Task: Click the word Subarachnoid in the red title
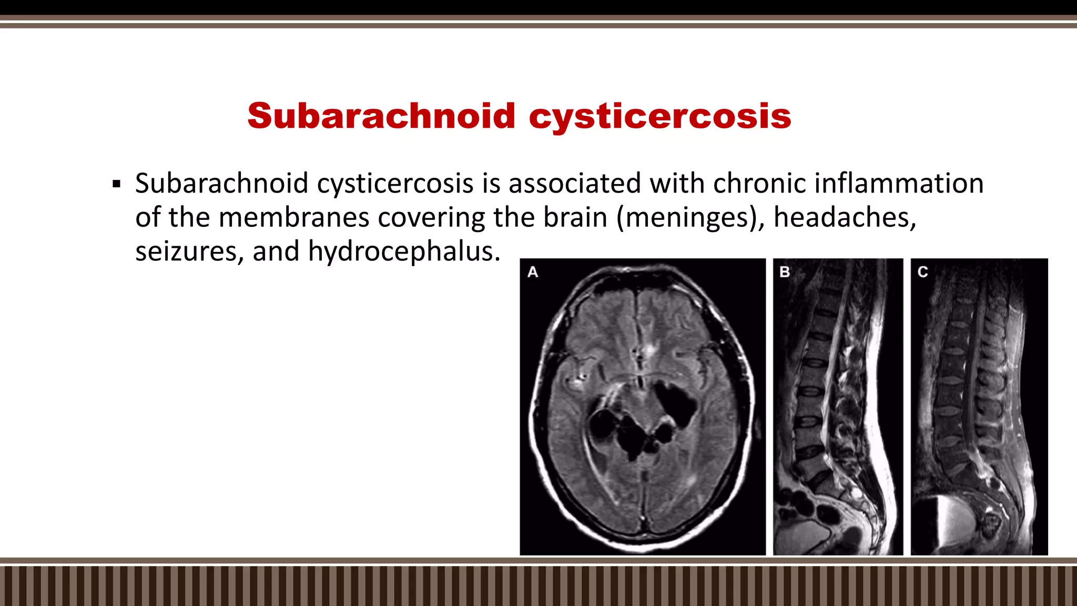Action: click(381, 116)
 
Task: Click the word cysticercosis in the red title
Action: click(660, 116)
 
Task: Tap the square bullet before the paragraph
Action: click(117, 185)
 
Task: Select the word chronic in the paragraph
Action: click(759, 184)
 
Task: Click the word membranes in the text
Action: click(294, 217)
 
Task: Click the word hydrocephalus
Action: click(404, 251)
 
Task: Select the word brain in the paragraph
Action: click(575, 217)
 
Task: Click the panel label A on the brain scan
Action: click(533, 272)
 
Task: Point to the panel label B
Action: click(785, 272)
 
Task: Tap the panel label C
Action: click(922, 272)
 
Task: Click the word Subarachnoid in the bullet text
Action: click(221, 184)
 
